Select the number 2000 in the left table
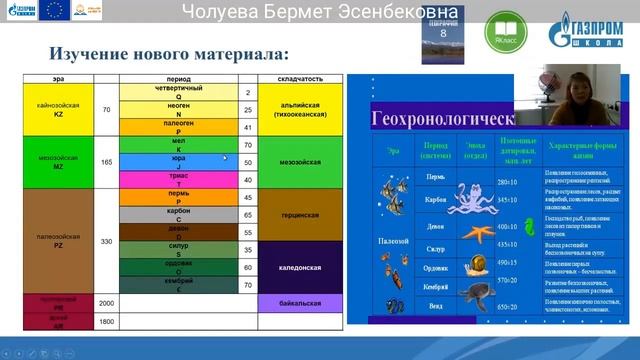106,301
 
